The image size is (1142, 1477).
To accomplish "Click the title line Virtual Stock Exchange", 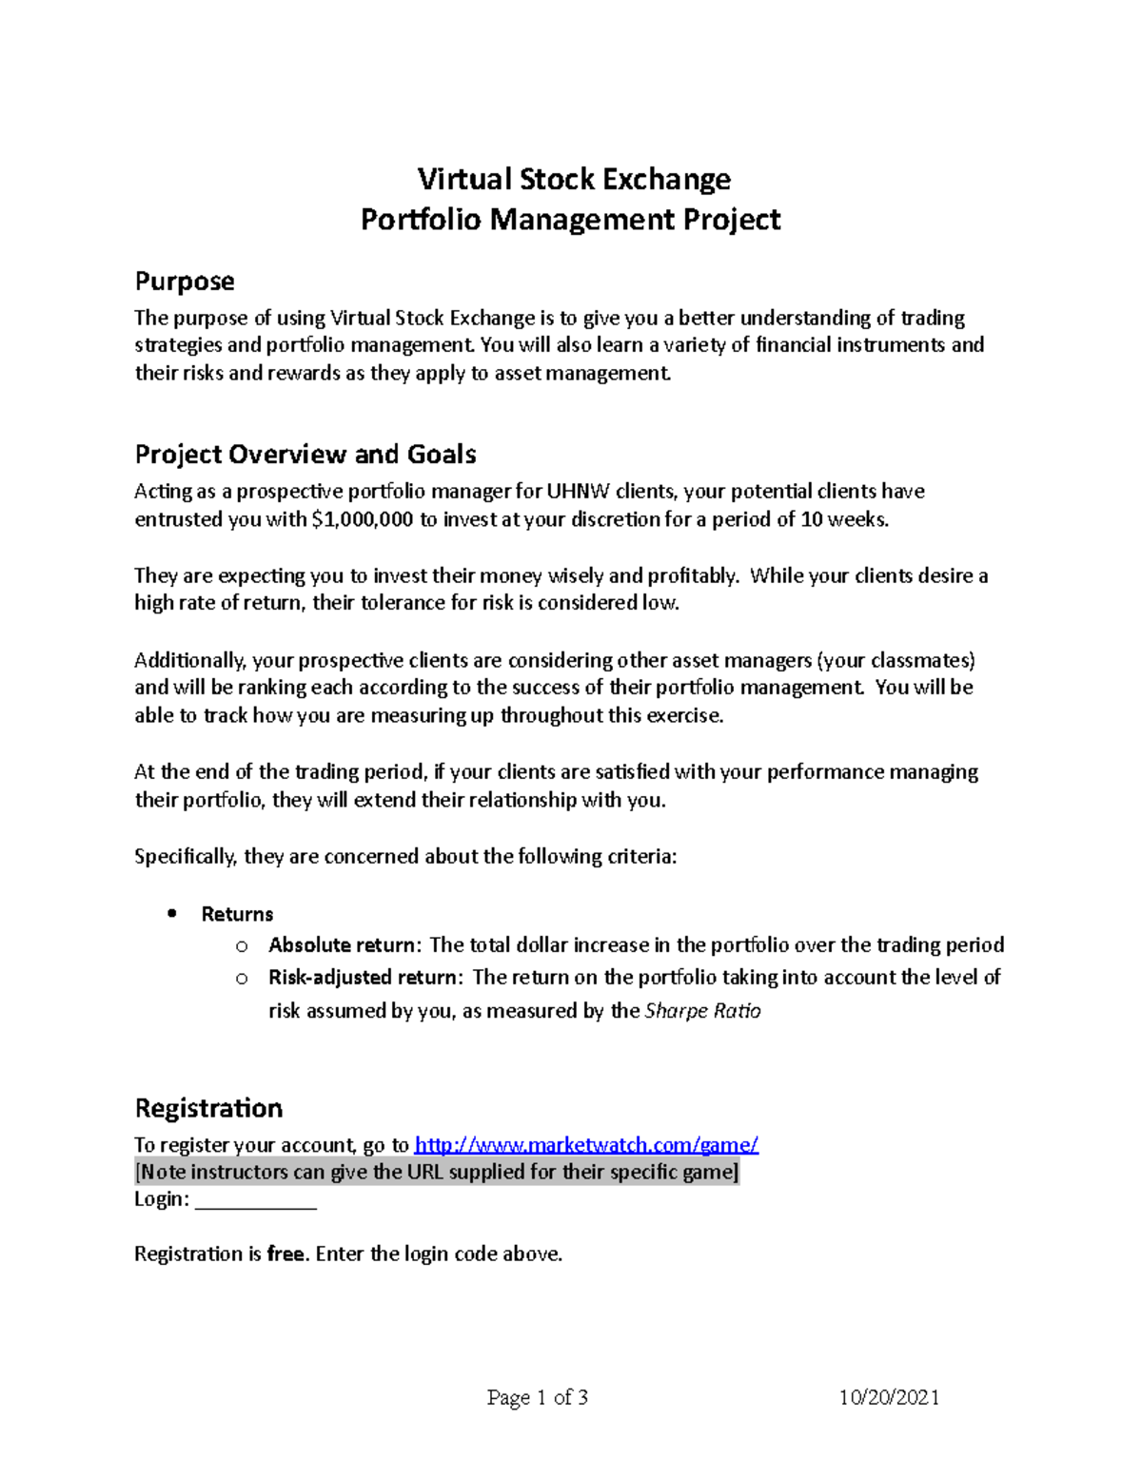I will (x=574, y=179).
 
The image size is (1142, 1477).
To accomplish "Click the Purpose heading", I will (x=185, y=282).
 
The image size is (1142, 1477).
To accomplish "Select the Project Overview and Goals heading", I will (x=305, y=455).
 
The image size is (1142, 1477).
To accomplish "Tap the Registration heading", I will (x=208, y=1108).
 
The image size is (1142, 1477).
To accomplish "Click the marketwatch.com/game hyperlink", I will (x=586, y=1145).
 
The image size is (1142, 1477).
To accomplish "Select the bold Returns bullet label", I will (x=237, y=915).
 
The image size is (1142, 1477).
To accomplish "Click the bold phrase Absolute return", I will (x=342, y=945).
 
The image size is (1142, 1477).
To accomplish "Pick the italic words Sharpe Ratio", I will (x=702, y=1011).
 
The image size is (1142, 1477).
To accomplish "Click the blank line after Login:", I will (x=255, y=1200).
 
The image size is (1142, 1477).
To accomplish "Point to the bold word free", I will (x=285, y=1254).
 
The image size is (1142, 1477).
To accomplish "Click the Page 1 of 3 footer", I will (x=537, y=1397).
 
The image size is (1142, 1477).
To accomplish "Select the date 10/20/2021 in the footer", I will (x=889, y=1397).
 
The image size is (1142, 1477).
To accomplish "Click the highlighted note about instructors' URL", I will (x=437, y=1173).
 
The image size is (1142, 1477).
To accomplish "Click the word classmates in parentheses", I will (x=921, y=660).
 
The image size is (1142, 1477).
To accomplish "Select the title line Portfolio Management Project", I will (x=570, y=220).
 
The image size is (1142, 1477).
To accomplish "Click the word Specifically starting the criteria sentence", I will (x=186, y=857).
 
